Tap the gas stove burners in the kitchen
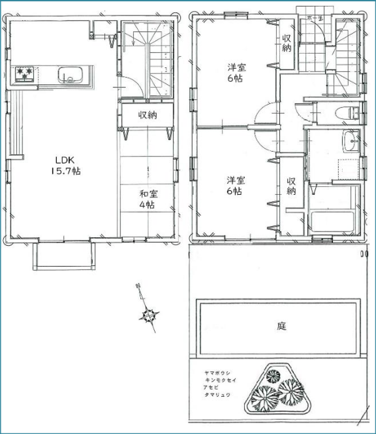(25, 73)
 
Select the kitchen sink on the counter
(70, 74)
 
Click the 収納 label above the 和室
(147, 115)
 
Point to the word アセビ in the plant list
(210, 388)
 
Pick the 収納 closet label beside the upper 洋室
(287, 43)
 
